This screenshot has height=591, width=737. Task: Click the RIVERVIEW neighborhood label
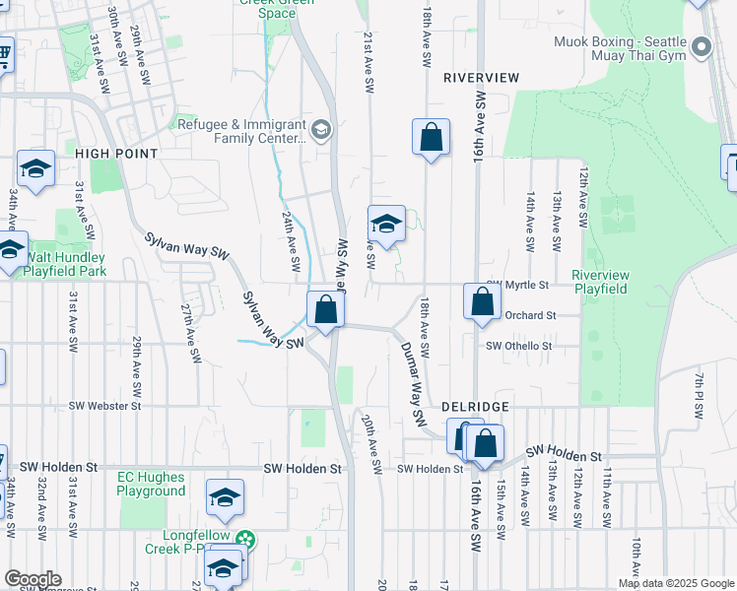pos(481,77)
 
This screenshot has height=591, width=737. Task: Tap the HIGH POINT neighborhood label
pos(116,154)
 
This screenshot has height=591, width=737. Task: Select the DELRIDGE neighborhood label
pos(475,406)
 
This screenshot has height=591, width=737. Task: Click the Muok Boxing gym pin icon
pos(702,46)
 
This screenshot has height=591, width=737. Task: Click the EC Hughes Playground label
pos(152,484)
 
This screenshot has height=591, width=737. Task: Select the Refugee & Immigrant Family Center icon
pos(320,130)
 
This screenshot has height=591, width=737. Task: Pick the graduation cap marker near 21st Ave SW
pos(386,224)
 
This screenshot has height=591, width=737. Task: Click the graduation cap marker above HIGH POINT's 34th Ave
pos(35,168)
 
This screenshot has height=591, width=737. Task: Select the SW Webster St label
pos(105,406)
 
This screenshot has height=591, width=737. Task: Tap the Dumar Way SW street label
pos(412,384)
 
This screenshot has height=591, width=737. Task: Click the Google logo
pos(33,579)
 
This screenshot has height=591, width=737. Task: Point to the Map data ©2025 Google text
pos(676,583)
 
